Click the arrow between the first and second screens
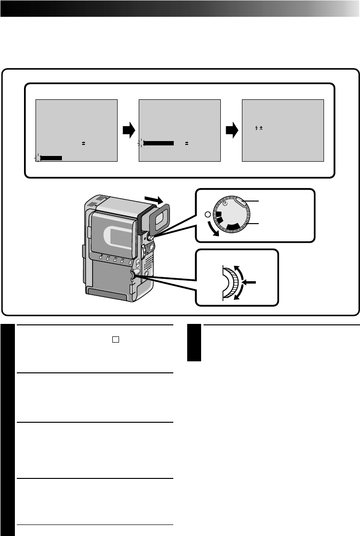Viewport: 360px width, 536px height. coord(128,131)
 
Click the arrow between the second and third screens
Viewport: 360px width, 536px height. coord(232,131)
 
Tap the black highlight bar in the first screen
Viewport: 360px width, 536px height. coord(51,157)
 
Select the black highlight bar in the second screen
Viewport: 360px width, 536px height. coord(158,143)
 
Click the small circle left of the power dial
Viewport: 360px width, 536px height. coord(206,214)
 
